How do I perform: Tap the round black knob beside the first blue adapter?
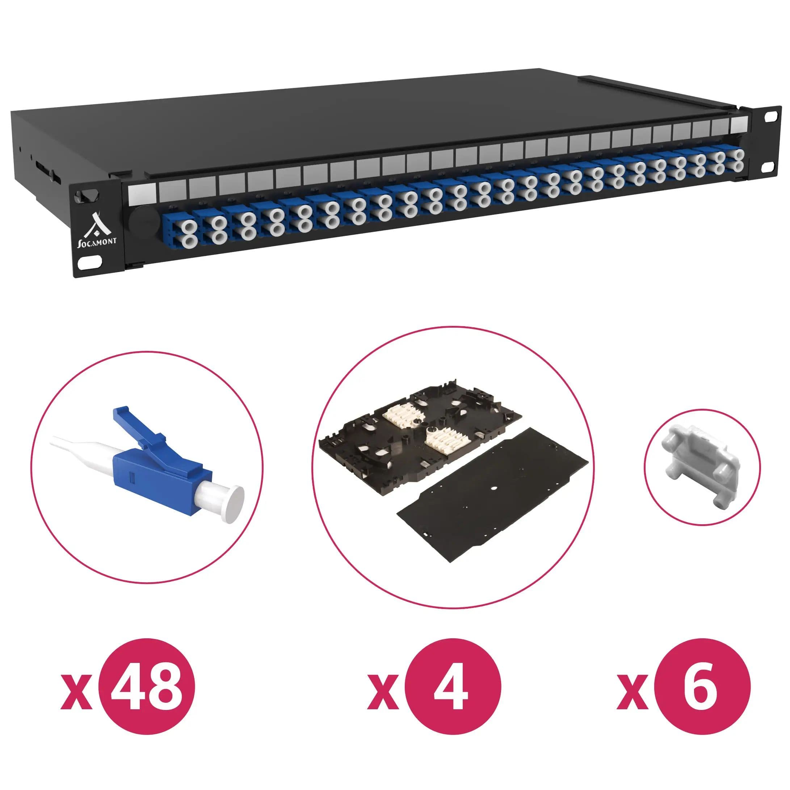(140, 221)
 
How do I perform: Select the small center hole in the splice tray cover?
(493, 487)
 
